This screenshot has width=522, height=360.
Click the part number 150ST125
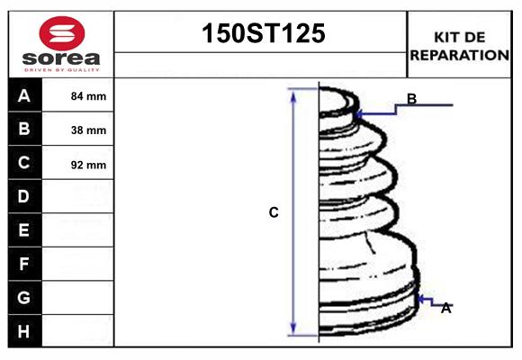tap(261, 34)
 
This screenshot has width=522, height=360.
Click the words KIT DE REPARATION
tap(460, 46)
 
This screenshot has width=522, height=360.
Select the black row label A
tap(24, 95)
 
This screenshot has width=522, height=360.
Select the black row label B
tap(24, 129)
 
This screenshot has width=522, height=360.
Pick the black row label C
tap(24, 163)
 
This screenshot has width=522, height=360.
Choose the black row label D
tap(24, 196)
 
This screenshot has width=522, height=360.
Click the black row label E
tap(24, 230)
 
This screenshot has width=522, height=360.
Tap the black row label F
tap(24, 264)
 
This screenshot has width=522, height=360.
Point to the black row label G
tap(24, 297)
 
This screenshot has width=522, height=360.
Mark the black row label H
tap(24, 331)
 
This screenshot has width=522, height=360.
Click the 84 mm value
tap(88, 96)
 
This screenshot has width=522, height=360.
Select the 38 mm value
tap(88, 130)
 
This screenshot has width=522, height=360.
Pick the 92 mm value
tap(88, 165)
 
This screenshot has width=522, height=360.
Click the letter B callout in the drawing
tap(411, 99)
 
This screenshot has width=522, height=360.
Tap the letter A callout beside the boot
tap(445, 308)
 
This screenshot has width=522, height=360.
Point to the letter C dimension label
tap(274, 212)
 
